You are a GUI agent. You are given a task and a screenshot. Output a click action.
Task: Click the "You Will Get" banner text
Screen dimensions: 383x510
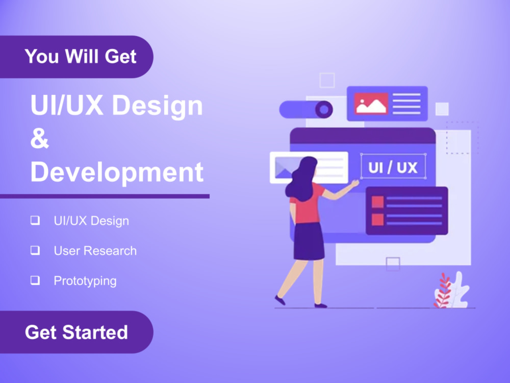[81, 56]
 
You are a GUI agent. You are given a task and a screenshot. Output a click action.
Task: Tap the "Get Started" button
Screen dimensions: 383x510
[76, 332]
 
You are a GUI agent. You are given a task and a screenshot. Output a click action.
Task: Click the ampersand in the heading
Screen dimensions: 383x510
[40, 138]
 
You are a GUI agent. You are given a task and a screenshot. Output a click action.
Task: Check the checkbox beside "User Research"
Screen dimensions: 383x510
[35, 250]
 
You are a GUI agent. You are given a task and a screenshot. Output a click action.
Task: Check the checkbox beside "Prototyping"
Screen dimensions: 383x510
[35, 280]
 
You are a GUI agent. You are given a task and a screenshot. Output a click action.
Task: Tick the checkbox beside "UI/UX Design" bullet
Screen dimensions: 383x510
[35, 221]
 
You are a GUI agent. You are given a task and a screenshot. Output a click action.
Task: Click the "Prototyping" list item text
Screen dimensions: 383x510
[85, 281]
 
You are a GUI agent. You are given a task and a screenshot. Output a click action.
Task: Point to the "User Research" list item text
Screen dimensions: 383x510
[95, 251]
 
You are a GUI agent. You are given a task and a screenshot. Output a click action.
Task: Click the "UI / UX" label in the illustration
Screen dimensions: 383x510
[393, 167]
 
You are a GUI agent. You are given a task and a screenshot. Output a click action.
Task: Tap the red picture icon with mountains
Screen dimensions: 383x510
[371, 104]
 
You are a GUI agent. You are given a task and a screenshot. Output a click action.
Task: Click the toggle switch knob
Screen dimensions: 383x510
[323, 109]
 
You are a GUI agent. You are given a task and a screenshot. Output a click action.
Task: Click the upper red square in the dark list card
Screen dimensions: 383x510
[377, 202]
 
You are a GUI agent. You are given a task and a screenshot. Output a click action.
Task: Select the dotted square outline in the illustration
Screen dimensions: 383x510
[462, 137]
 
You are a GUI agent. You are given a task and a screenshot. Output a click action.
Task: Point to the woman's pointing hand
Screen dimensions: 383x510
[354, 182]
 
